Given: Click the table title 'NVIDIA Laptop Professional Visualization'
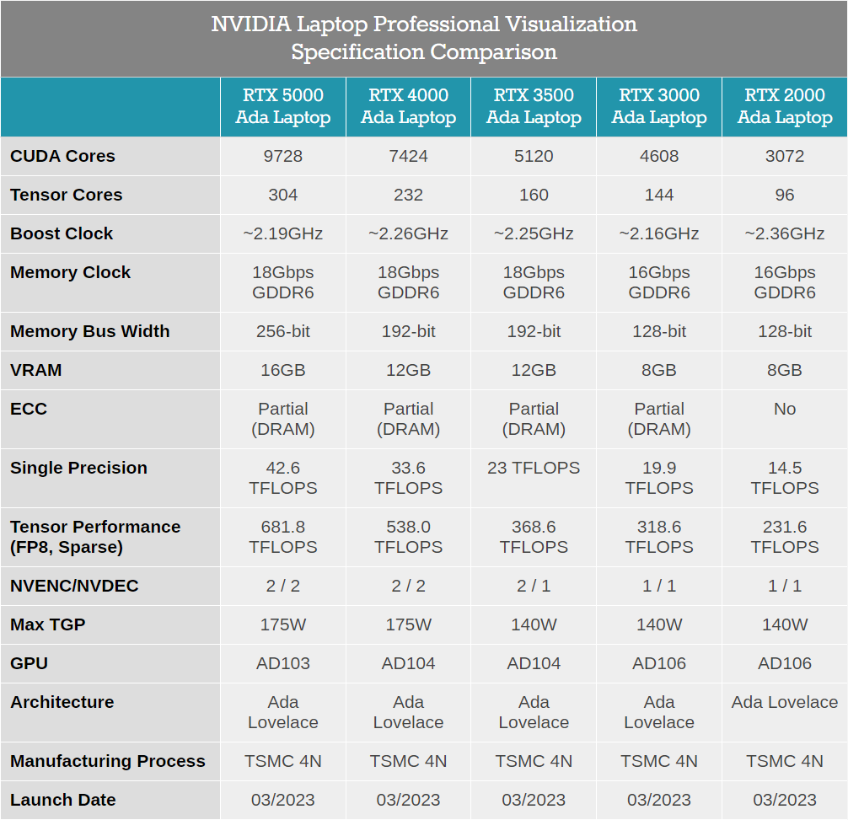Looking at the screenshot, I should pyautogui.click(x=424, y=24).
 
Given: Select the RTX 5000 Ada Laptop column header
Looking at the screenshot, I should pyautogui.click(x=283, y=106).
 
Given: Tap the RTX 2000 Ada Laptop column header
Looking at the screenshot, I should pyautogui.click(x=785, y=106).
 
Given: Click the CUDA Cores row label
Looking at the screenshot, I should pyautogui.click(x=63, y=156).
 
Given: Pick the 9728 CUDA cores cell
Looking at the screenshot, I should pyautogui.click(x=283, y=156).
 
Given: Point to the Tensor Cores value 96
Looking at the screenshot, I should pyautogui.click(x=785, y=195).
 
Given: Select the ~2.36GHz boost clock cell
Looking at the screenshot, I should pyautogui.click(x=785, y=233).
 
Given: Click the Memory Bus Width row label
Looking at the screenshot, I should pyautogui.click(x=90, y=331).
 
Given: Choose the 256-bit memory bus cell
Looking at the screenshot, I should pyautogui.click(x=283, y=331).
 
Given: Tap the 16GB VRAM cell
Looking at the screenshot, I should pyautogui.click(x=283, y=370).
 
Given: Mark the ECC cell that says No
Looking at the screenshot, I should pyautogui.click(x=785, y=409).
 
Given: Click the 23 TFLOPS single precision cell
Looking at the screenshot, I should pyautogui.click(x=534, y=468).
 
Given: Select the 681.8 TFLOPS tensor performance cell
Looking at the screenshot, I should pyautogui.click(x=283, y=537).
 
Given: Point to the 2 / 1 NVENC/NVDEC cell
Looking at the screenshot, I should pyautogui.click(x=534, y=586).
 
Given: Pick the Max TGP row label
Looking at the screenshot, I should pyautogui.click(x=48, y=624).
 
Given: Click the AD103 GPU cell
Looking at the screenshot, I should pyautogui.click(x=283, y=663).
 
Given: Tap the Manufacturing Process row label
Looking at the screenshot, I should pyautogui.click(x=108, y=761).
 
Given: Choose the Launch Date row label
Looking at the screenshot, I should pyautogui.click(x=63, y=800).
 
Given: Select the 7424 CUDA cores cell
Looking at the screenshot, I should pyautogui.click(x=409, y=156).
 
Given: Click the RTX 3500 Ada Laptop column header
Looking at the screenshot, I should pyautogui.click(x=534, y=106).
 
